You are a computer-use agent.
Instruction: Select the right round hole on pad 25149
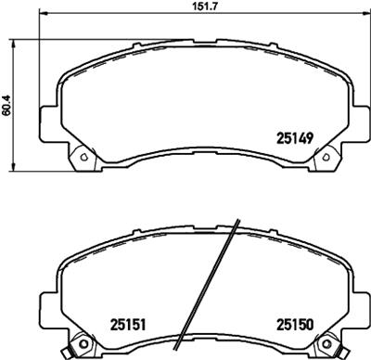pyautogui.click(x=326, y=157)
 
